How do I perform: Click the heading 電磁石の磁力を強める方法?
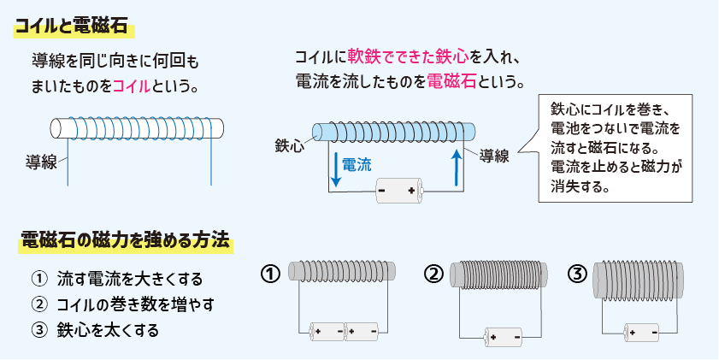tap(126, 240)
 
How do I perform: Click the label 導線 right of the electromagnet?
tap(494, 156)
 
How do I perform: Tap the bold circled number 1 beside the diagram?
tap(270, 274)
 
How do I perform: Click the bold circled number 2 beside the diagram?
tap(434, 274)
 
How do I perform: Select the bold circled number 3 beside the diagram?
tap(579, 274)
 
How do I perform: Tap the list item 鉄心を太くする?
tap(108, 328)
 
